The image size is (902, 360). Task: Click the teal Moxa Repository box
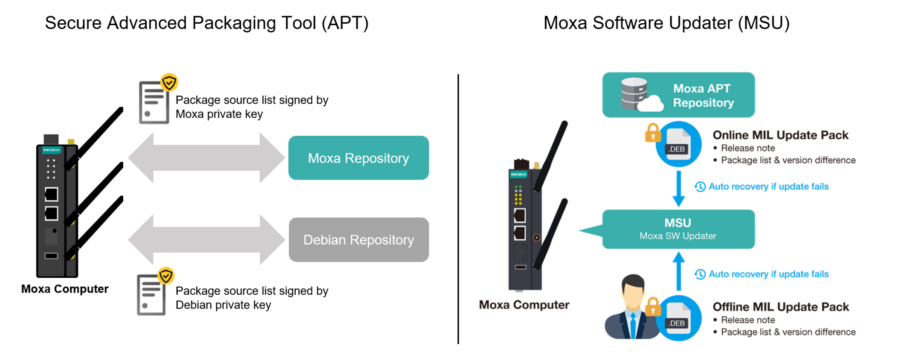pyautogui.click(x=358, y=158)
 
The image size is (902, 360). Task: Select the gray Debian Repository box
pyautogui.click(x=358, y=239)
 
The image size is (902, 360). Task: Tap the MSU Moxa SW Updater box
pyautogui.click(x=678, y=229)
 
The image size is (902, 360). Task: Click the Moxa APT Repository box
pyautogui.click(x=678, y=95)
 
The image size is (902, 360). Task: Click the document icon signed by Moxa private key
pyautogui.click(x=154, y=102)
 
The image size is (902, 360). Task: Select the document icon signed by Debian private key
pyautogui.click(x=151, y=295)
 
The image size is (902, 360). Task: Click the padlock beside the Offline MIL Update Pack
pyautogui.click(x=652, y=307)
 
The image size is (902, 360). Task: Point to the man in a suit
pyautogui.click(x=631, y=308)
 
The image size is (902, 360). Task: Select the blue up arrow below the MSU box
pyautogui.click(x=678, y=271)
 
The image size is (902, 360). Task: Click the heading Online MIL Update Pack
pyautogui.click(x=780, y=135)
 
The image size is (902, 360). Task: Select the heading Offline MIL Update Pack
pyautogui.click(x=780, y=307)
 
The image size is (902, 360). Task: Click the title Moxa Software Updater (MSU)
pyautogui.click(x=666, y=23)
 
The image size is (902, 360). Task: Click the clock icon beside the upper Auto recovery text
pyautogui.click(x=700, y=186)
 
